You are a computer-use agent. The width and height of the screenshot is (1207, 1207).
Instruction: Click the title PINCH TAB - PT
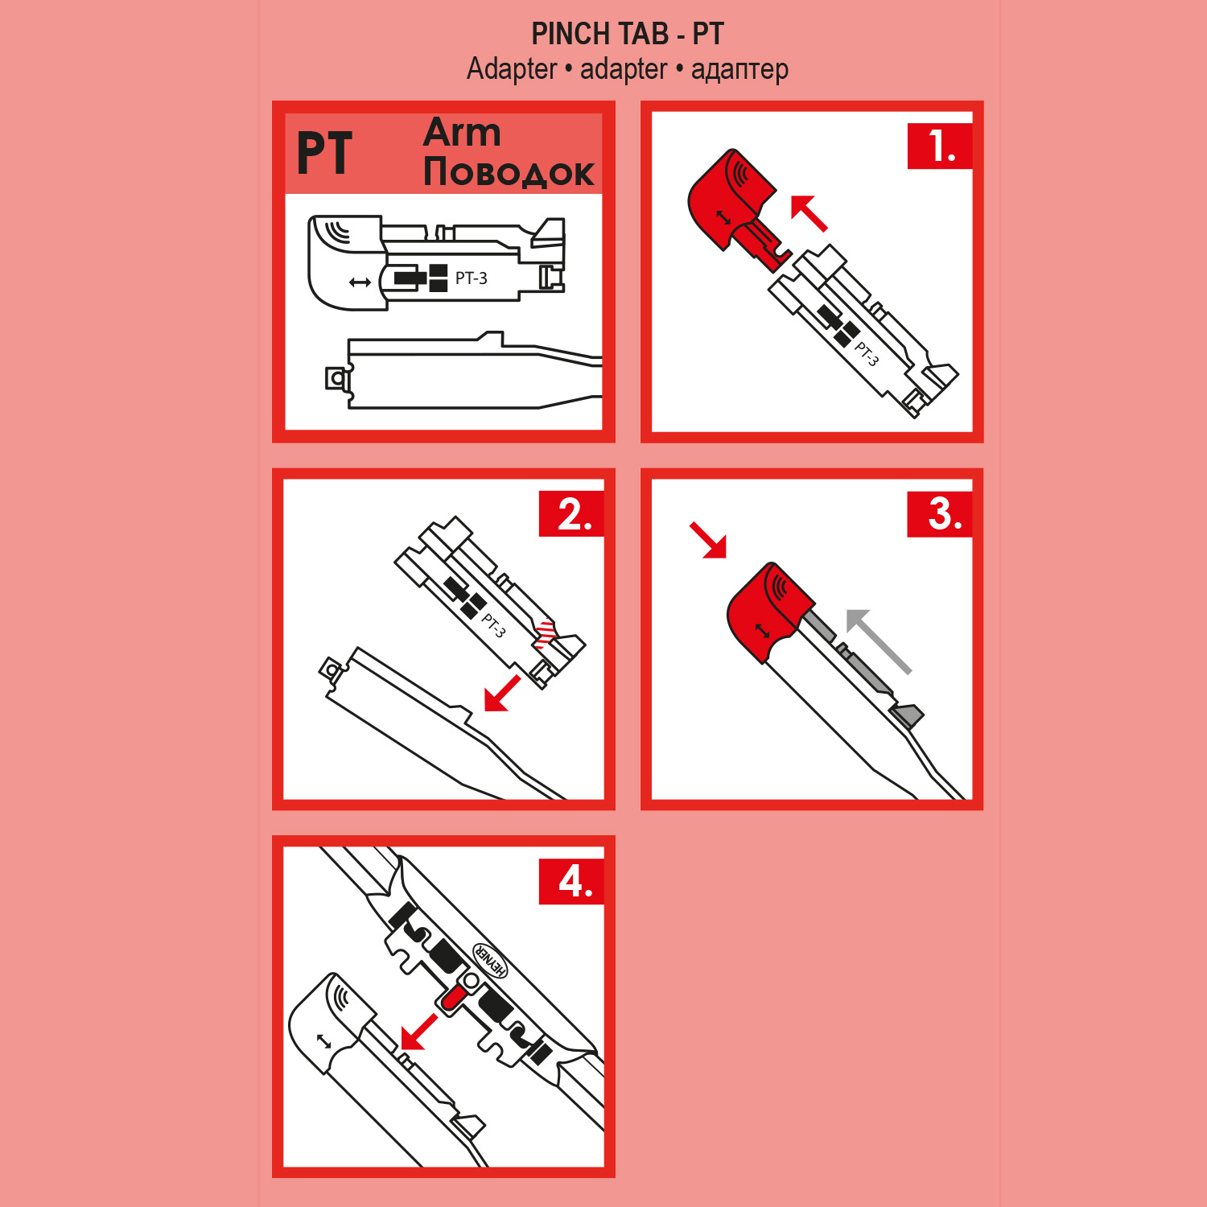(628, 34)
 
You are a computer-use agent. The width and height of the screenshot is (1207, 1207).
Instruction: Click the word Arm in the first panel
(462, 133)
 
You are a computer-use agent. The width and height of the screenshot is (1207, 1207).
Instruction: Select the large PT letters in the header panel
(324, 153)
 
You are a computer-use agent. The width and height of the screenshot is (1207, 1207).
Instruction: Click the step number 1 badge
(940, 146)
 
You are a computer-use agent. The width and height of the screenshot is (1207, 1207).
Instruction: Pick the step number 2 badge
(571, 513)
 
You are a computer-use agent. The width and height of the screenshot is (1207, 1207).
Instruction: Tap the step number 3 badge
(940, 513)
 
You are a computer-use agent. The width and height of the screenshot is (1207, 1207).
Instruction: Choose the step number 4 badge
(571, 881)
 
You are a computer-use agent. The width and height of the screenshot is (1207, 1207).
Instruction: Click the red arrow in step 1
(809, 213)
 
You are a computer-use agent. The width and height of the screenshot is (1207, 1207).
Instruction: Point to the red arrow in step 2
(502, 694)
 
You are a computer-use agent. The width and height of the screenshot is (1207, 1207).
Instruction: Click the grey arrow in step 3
(878, 641)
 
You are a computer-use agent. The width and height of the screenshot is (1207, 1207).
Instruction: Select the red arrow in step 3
(708, 540)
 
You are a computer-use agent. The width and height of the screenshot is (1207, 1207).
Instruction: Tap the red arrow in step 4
(418, 1032)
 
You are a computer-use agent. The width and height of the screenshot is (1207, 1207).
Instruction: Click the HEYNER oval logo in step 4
(490, 960)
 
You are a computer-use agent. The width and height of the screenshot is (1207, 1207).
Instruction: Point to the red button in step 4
(451, 998)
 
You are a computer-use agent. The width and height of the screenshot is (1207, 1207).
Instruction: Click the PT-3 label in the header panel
(471, 278)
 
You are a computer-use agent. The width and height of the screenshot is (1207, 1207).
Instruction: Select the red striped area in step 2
(546, 633)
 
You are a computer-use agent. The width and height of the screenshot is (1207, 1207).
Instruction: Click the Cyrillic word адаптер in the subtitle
(739, 70)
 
